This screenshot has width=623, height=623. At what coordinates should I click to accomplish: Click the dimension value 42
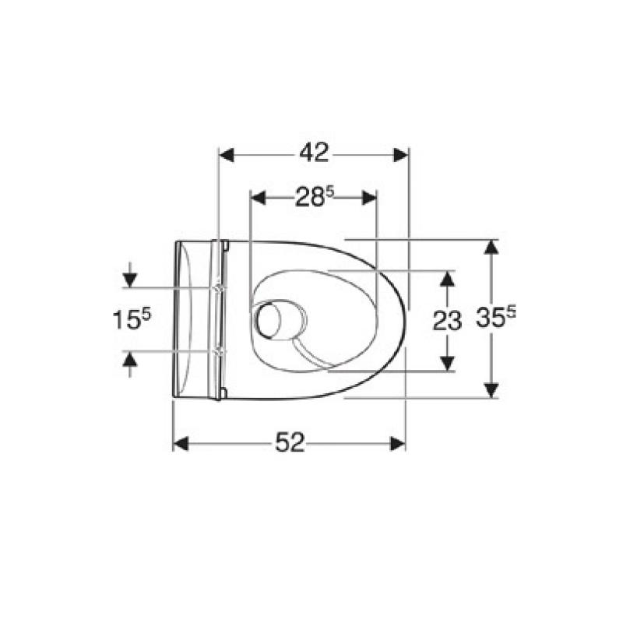tap(315, 152)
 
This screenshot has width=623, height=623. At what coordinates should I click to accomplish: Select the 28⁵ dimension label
tap(315, 197)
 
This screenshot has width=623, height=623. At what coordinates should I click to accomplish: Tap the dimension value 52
tap(290, 442)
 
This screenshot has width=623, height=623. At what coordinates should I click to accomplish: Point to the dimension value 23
tap(447, 320)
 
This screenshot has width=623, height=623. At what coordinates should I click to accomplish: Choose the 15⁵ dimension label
tap(132, 319)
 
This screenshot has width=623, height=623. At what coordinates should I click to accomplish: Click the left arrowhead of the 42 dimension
tap(227, 155)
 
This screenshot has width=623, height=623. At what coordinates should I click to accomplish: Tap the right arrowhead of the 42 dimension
tap(400, 155)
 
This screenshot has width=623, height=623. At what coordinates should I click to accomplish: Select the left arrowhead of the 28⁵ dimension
tap(258, 198)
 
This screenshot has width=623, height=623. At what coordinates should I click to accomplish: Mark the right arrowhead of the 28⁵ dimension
tap(369, 198)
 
